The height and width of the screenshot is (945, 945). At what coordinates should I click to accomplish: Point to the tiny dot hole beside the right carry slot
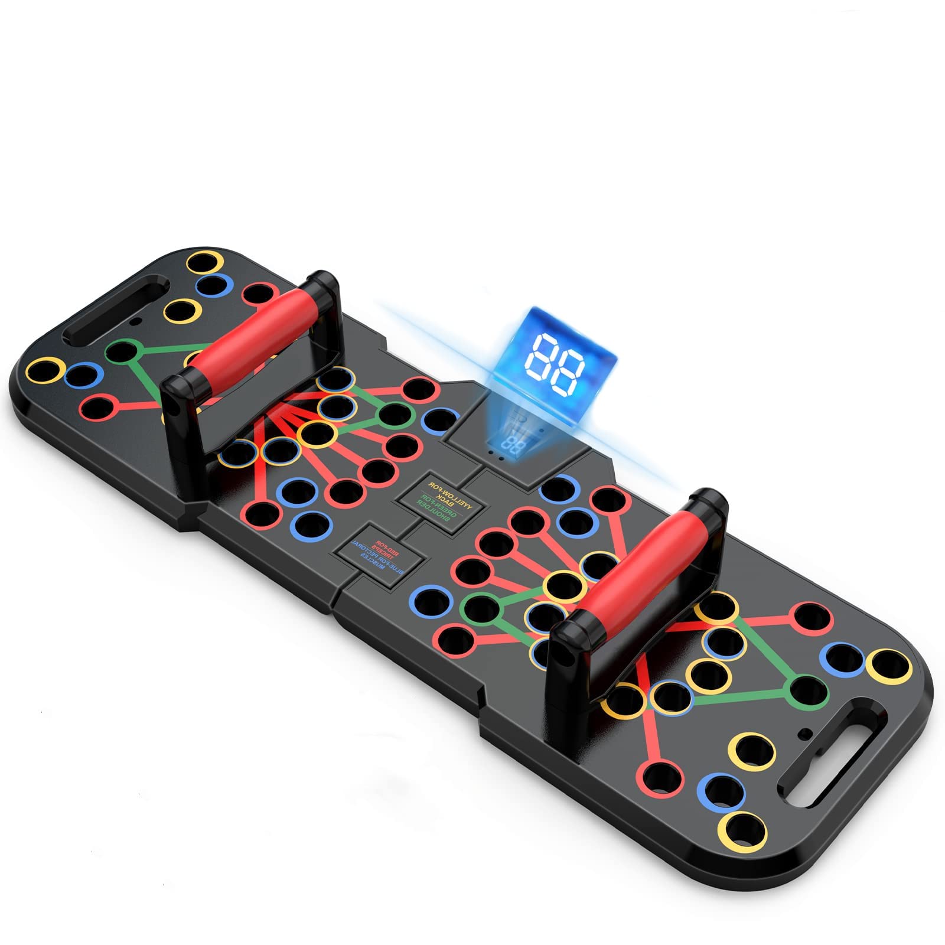pyautogui.click(x=803, y=733)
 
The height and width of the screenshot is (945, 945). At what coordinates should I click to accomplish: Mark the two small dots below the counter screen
pyautogui.click(x=497, y=457)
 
